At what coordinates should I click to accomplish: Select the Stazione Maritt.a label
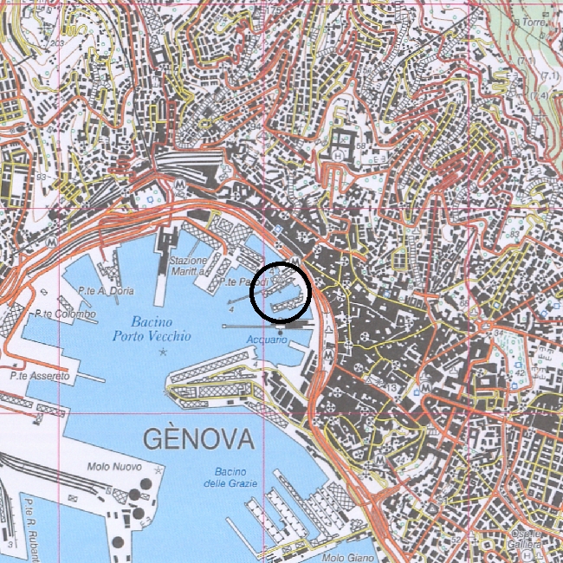point(189,266)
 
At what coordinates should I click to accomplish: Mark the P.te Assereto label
point(41,377)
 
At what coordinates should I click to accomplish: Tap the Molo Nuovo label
point(114,468)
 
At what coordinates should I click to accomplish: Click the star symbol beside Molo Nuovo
point(157,468)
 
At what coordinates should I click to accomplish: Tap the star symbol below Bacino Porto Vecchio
point(163,352)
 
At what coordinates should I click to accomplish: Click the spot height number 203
point(58,42)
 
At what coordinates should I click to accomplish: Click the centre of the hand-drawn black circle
point(281,293)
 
